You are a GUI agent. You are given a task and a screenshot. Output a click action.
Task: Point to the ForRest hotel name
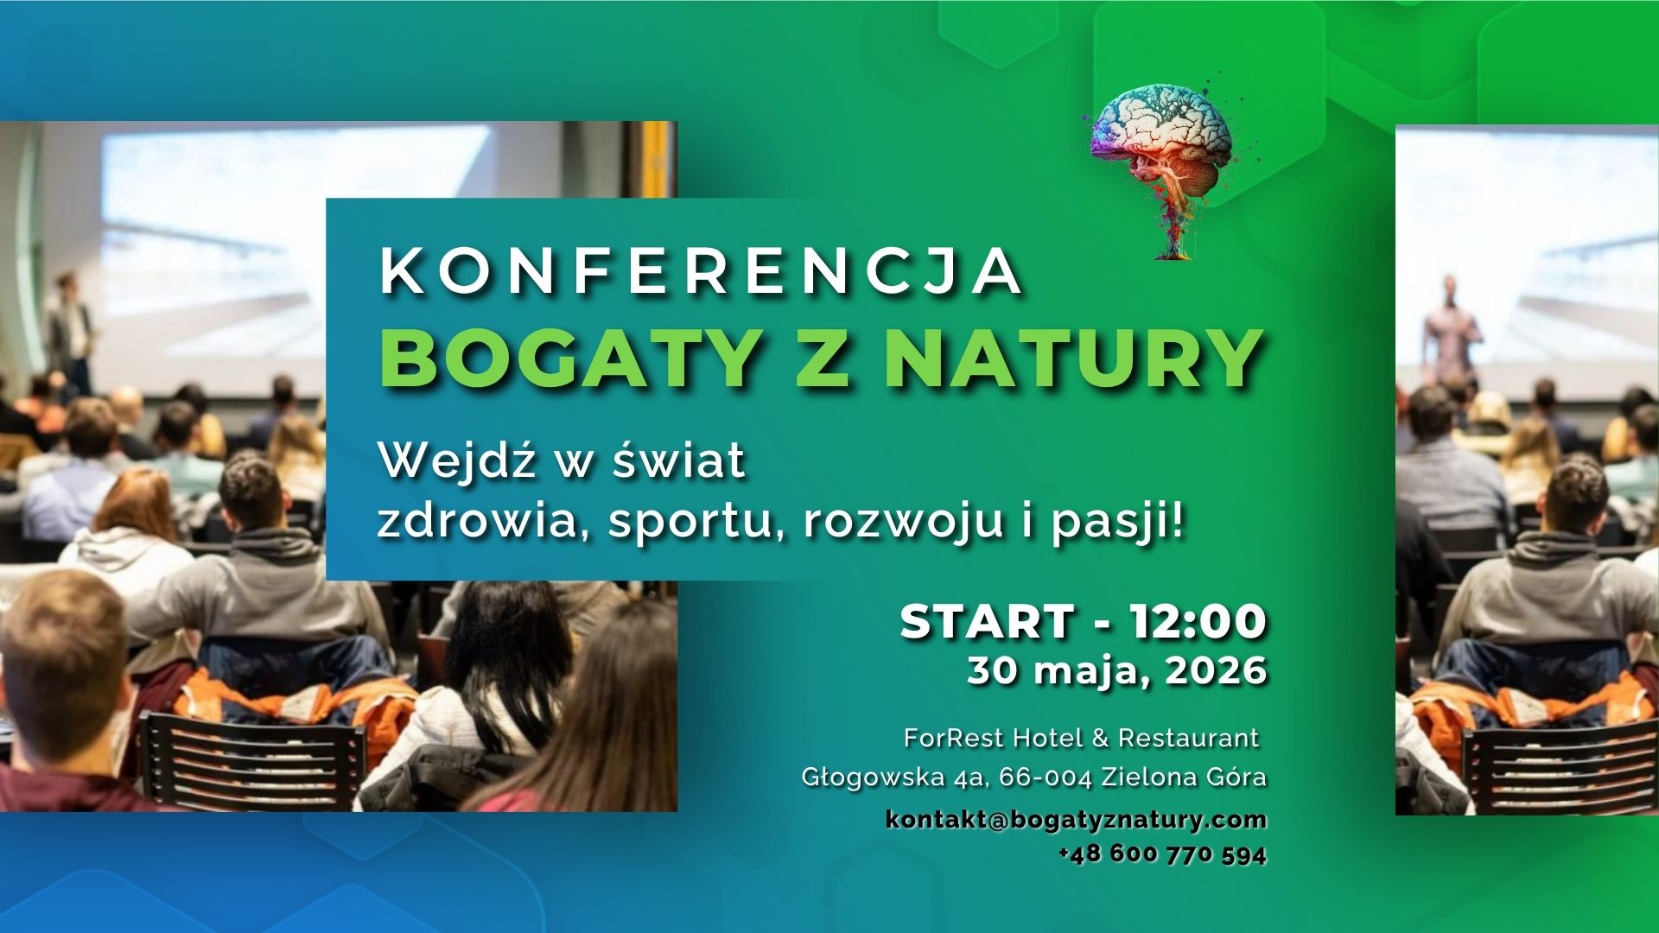(x=1081, y=739)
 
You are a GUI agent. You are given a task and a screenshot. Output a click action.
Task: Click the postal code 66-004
(x=1046, y=777)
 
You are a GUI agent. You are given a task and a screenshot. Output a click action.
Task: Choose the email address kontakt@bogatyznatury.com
(x=1076, y=820)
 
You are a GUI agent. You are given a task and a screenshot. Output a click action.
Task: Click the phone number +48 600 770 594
(x=1163, y=855)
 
